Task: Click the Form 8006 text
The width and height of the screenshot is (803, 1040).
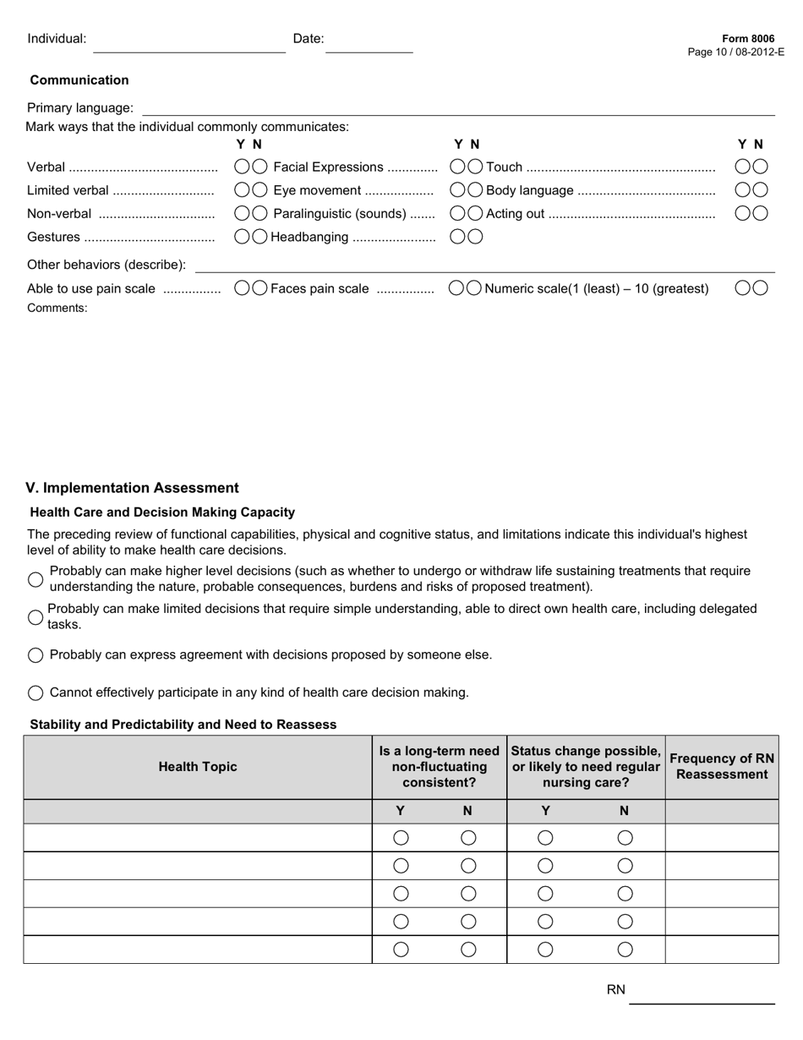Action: point(747,39)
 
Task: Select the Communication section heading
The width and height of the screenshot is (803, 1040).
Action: point(79,80)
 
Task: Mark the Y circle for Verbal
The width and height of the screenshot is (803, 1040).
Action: point(242,167)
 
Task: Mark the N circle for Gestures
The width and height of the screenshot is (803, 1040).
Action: point(259,237)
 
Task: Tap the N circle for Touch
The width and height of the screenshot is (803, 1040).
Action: point(760,167)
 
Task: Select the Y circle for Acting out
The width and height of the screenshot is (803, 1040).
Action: point(743,214)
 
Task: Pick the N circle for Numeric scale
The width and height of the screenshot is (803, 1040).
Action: point(760,288)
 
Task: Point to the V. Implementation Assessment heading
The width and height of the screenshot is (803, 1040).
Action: point(133,488)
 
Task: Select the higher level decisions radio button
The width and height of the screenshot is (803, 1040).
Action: point(36,579)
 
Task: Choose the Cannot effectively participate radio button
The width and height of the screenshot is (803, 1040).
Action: point(36,693)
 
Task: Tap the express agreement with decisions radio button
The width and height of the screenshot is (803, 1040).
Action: point(36,655)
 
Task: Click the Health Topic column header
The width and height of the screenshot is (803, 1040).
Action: point(198,767)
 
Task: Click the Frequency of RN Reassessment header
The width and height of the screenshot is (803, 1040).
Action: point(721,767)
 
